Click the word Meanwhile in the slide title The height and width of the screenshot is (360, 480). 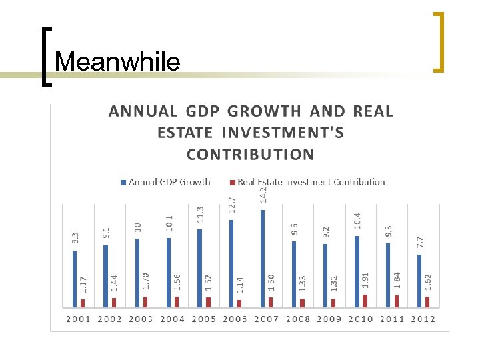click(x=117, y=62)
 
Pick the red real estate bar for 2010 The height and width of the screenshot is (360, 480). click(x=365, y=301)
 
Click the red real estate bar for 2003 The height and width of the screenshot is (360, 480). click(x=145, y=302)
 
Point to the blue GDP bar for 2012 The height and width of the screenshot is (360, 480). click(x=419, y=281)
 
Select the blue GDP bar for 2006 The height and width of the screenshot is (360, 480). click(x=231, y=263)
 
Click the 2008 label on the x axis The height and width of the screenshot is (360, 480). click(x=298, y=319)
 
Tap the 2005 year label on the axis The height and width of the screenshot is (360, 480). click(x=203, y=319)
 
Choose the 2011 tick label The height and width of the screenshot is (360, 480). click(x=392, y=319)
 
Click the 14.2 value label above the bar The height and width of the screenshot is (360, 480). click(x=263, y=194)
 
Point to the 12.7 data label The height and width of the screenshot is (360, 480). click(x=232, y=205)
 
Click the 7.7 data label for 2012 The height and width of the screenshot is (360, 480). click(x=420, y=243)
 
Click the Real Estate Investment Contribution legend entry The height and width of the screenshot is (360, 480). click(x=307, y=182)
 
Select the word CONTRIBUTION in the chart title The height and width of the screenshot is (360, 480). click(x=251, y=155)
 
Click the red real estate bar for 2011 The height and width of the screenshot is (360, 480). click(x=396, y=301)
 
